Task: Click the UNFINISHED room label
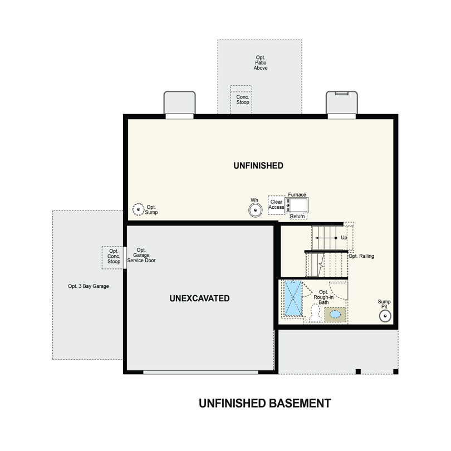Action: (x=258, y=166)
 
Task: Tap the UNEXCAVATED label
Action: (x=200, y=298)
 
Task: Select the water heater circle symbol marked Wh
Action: (x=256, y=210)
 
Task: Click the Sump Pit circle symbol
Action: (x=385, y=316)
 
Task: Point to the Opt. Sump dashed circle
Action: (x=138, y=209)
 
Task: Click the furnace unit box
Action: (x=296, y=205)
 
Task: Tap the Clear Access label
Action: (x=276, y=204)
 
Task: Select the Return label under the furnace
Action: (x=297, y=216)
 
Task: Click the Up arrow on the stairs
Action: (x=326, y=238)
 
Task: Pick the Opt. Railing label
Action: (x=361, y=256)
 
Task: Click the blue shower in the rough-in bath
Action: (x=293, y=298)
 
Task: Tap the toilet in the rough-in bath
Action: (x=316, y=313)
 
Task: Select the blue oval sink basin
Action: (x=335, y=315)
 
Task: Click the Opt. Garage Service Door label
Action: (x=141, y=255)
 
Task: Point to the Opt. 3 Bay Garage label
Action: (x=89, y=286)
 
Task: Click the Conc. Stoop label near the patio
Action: (x=243, y=100)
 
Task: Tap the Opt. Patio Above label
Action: (x=261, y=63)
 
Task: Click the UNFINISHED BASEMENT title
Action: (x=265, y=403)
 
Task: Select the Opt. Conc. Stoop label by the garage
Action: (x=114, y=256)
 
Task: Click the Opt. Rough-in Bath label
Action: (x=323, y=297)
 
